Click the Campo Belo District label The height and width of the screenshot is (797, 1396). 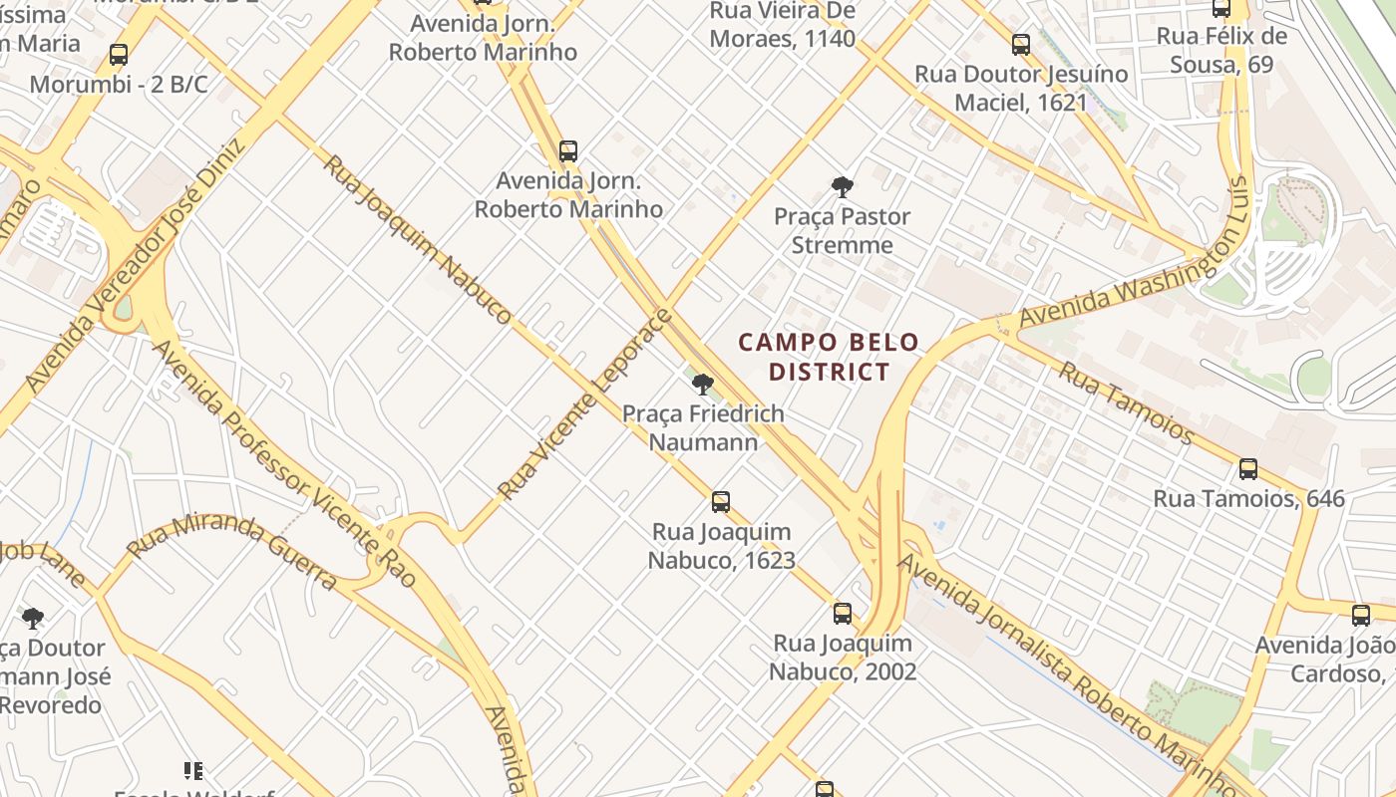click(x=828, y=357)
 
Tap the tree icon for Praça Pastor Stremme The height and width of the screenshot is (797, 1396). click(x=843, y=186)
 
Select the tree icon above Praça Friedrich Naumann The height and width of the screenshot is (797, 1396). click(x=703, y=384)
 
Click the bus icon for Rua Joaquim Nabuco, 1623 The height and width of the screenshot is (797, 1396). click(x=721, y=502)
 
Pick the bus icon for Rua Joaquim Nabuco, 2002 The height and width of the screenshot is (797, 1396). click(x=843, y=614)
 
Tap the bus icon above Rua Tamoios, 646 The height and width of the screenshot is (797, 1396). click(x=1247, y=469)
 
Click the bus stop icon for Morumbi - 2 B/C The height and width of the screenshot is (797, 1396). click(x=119, y=55)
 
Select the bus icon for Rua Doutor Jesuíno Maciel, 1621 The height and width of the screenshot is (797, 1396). click(x=1020, y=45)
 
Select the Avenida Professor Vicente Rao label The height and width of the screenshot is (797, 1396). click(x=283, y=463)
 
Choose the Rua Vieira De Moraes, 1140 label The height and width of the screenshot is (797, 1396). click(x=782, y=25)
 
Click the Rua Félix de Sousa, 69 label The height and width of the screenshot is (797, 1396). click(x=1221, y=51)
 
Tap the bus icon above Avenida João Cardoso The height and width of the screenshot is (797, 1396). click(x=1360, y=616)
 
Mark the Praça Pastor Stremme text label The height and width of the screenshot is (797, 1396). click(x=843, y=231)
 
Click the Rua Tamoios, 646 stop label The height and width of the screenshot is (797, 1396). click(x=1248, y=498)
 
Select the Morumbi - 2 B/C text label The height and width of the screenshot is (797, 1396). click(x=119, y=85)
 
